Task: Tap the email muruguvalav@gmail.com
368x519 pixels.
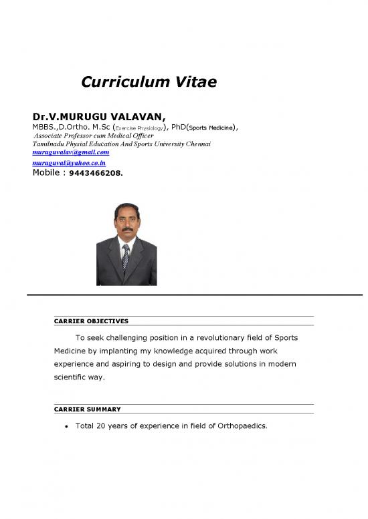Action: tap(71, 152)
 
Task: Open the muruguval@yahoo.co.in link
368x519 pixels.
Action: tap(69, 163)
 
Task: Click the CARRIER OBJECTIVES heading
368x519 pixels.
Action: tap(91, 321)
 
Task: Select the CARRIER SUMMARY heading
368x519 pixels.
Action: tap(88, 409)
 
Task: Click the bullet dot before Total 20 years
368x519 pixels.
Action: tap(59, 425)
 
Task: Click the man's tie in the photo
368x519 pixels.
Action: tap(126, 256)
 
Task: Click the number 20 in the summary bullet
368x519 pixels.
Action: tap(103, 425)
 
